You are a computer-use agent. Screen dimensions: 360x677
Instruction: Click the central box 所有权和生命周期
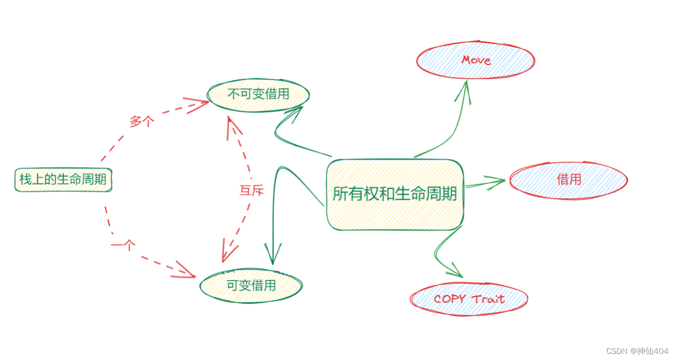[x=395, y=194]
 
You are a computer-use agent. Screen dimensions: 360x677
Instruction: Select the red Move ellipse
[x=475, y=60]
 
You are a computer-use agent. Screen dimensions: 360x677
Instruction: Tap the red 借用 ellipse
[x=568, y=179]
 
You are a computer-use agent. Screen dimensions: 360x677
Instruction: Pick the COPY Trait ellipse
[x=469, y=299]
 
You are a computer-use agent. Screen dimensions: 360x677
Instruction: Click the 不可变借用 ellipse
[x=258, y=94]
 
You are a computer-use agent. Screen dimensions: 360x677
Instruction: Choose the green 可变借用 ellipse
[x=251, y=285]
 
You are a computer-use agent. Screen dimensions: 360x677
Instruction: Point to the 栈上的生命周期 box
[x=63, y=180]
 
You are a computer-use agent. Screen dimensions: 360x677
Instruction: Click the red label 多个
[x=141, y=121]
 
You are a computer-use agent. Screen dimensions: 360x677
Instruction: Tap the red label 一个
[x=123, y=244]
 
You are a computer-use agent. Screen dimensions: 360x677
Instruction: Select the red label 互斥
[x=251, y=190]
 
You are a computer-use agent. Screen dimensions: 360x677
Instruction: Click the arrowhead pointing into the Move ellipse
[x=464, y=89]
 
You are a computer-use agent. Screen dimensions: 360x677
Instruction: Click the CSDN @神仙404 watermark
[x=637, y=351]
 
